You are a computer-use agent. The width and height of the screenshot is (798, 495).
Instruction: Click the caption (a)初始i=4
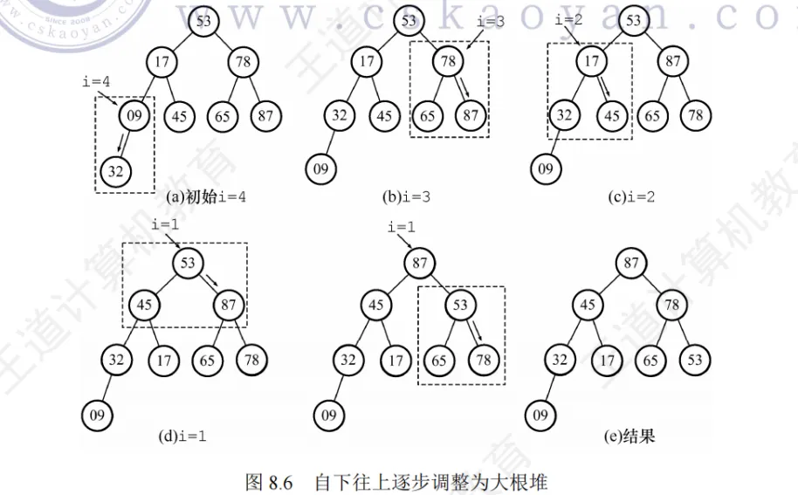tap(206, 196)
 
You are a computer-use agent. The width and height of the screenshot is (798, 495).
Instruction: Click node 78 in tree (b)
tap(449, 61)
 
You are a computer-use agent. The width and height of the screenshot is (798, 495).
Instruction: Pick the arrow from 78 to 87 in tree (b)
tap(462, 88)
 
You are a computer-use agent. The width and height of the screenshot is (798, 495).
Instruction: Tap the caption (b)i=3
tap(416, 196)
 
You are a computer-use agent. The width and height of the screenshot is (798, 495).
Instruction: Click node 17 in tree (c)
tap(592, 61)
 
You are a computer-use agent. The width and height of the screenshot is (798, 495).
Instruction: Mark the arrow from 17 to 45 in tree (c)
tap(605, 88)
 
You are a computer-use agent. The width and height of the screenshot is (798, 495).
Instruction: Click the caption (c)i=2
tap(631, 196)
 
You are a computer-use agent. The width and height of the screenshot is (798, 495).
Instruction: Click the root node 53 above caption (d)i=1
tap(187, 261)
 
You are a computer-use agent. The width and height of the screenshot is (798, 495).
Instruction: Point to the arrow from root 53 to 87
tap(210, 283)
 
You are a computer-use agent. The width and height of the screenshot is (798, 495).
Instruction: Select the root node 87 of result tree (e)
tap(630, 261)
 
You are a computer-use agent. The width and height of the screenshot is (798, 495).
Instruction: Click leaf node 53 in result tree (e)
tap(694, 359)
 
